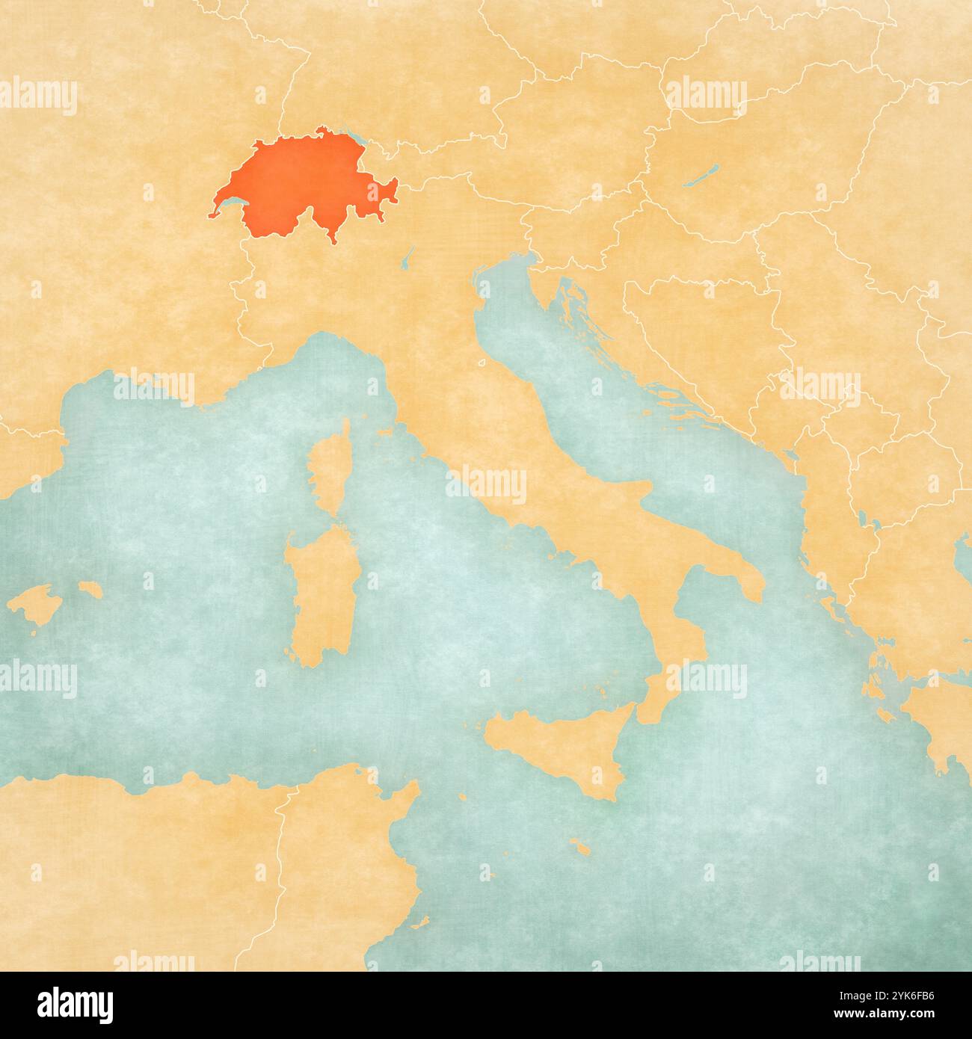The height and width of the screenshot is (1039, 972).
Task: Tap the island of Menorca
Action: (89, 589)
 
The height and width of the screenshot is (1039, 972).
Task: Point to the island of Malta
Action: (579, 847)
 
